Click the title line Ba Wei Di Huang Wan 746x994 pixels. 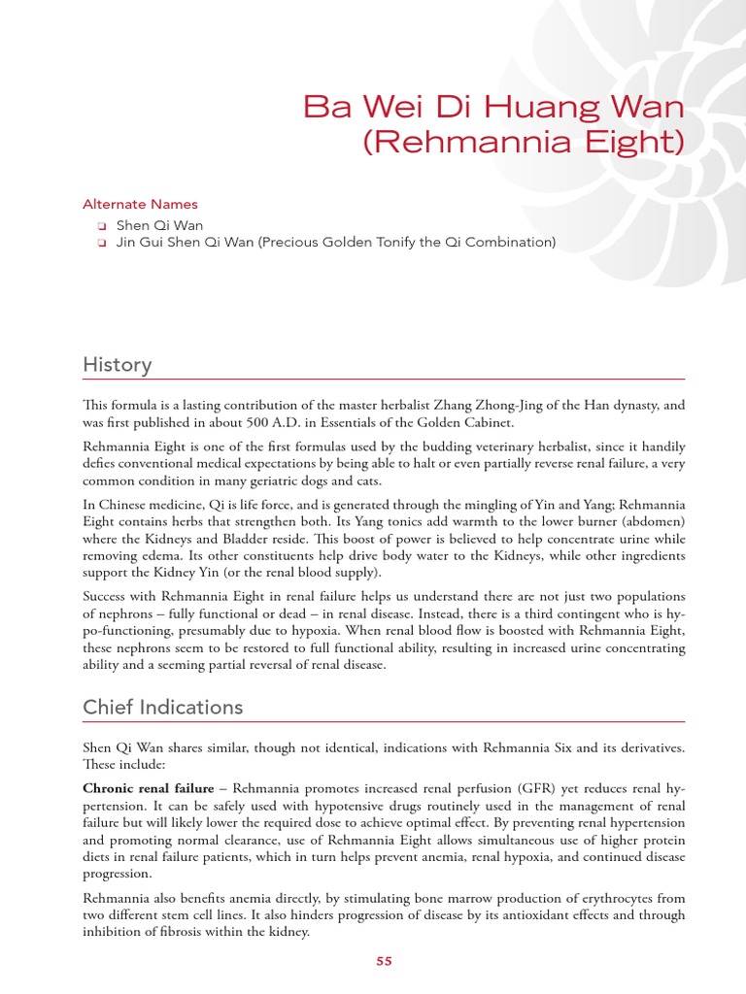click(494, 106)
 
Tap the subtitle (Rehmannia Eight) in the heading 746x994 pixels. click(524, 142)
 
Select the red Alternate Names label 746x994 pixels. click(140, 204)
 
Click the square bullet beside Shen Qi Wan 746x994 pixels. click(100, 225)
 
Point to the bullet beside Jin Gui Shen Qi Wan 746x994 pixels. click(100, 243)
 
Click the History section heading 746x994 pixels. click(117, 365)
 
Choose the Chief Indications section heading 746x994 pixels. click(162, 707)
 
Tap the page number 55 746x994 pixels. click(384, 961)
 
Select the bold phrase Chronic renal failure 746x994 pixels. click(148, 788)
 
